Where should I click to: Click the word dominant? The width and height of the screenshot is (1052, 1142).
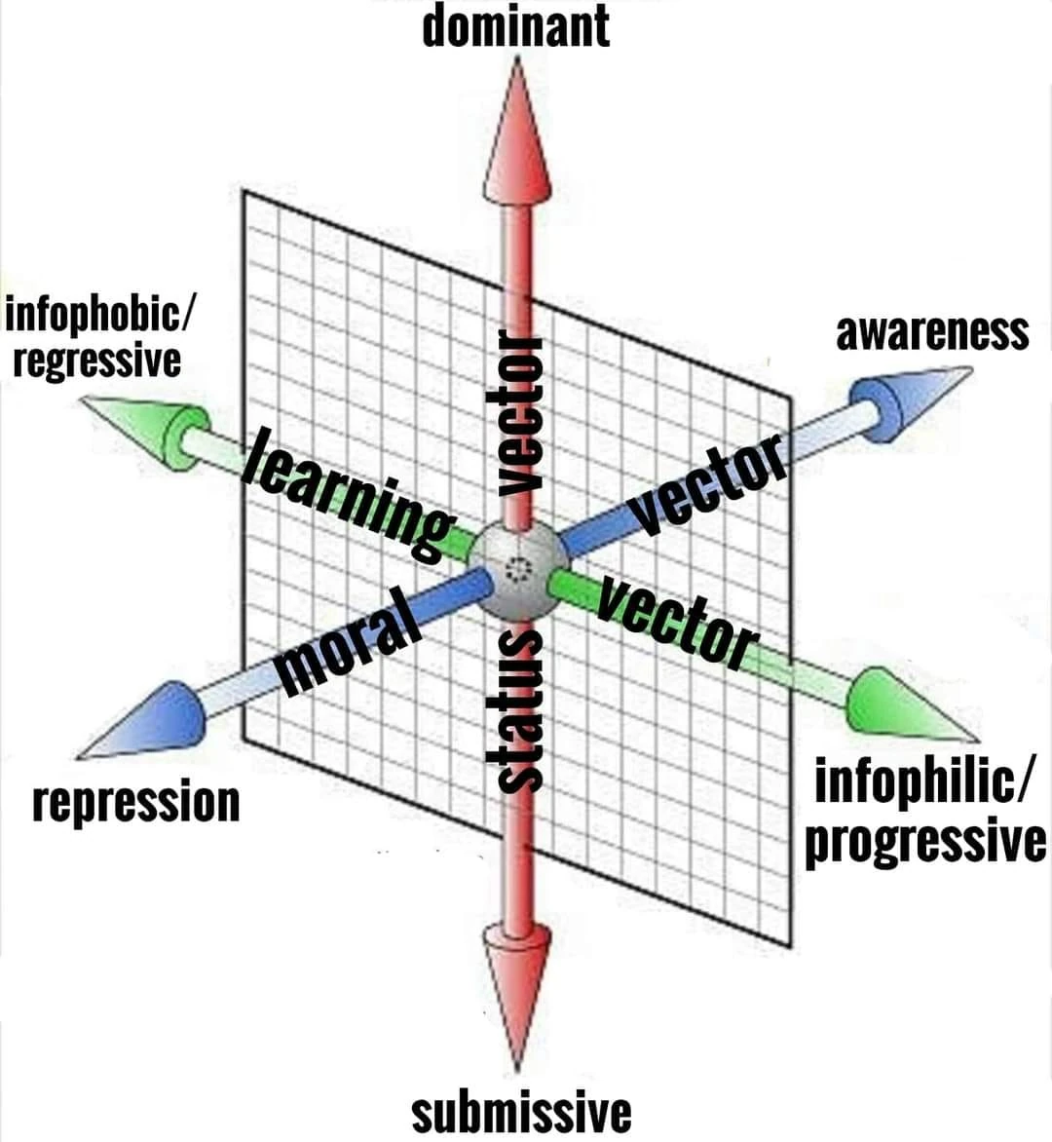515,26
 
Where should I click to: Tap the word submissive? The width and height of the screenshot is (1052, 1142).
521,1112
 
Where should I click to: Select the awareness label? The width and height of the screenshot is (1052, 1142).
931,333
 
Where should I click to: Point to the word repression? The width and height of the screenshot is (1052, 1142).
135,804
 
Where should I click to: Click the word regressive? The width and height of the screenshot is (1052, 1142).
96,361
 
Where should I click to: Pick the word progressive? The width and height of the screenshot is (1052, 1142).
924,842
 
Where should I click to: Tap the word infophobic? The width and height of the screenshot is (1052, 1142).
97,316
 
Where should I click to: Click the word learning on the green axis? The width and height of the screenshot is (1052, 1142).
351,496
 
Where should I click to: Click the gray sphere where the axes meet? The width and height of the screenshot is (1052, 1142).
517,571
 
